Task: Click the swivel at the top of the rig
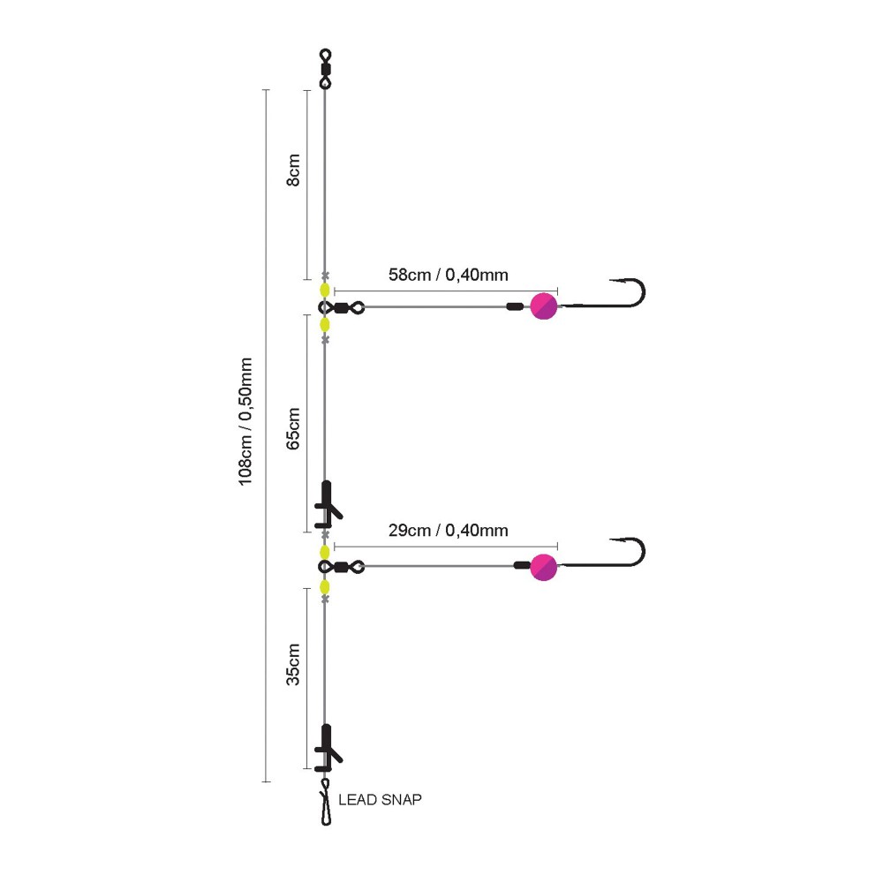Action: (325, 69)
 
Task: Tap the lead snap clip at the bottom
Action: (325, 804)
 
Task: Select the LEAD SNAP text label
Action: (381, 800)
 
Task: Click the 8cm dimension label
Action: (295, 169)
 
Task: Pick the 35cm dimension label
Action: (295, 665)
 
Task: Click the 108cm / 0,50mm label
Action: (246, 420)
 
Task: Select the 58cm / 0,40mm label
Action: (448, 275)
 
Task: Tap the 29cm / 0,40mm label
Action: (448, 531)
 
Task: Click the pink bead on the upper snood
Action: (544, 306)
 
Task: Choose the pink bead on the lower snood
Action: (544, 568)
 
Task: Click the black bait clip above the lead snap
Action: (328, 747)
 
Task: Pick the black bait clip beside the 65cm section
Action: (328, 502)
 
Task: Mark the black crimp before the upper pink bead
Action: (513, 307)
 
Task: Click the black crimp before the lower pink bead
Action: (521, 566)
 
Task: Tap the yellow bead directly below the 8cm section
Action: (325, 290)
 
